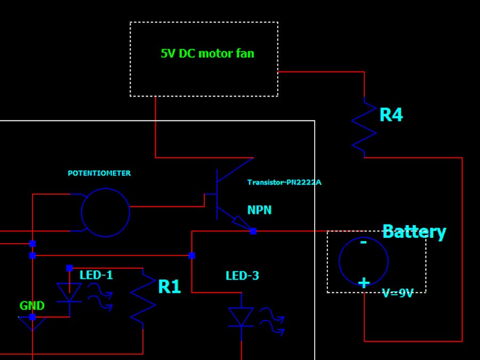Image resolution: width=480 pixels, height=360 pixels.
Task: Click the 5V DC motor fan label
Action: pyautogui.click(x=207, y=53)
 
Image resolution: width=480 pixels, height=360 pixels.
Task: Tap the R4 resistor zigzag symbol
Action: pyautogui.click(x=364, y=127)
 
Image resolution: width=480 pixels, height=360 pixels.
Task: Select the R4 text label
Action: pyautogui.click(x=391, y=115)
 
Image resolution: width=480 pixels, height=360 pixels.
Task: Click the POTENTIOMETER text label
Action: pyautogui.click(x=99, y=173)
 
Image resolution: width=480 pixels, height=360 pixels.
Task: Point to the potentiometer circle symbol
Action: pyautogui.click(x=106, y=212)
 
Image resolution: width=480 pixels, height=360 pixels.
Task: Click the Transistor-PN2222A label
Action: pyautogui.click(x=284, y=182)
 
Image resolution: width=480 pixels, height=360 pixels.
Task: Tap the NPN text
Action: pyautogui.click(x=259, y=210)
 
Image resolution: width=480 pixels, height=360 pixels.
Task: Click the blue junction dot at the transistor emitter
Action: pyautogui.click(x=253, y=231)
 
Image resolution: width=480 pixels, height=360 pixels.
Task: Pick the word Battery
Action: pyautogui.click(x=414, y=231)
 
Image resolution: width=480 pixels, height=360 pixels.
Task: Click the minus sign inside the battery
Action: pyautogui.click(x=364, y=243)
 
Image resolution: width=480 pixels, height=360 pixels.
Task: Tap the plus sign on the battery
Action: pyautogui.click(x=364, y=283)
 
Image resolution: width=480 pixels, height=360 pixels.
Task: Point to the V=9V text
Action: pyautogui.click(x=398, y=293)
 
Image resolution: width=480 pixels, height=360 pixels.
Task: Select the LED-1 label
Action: pyautogui.click(x=96, y=275)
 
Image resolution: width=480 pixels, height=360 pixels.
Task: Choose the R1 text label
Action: pyautogui.click(x=170, y=287)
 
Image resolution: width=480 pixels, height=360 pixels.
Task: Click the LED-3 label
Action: pyautogui.click(x=242, y=276)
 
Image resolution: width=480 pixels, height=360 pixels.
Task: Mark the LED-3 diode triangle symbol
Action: pyautogui.click(x=241, y=316)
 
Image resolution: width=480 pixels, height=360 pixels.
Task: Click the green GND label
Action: pyautogui.click(x=32, y=306)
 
